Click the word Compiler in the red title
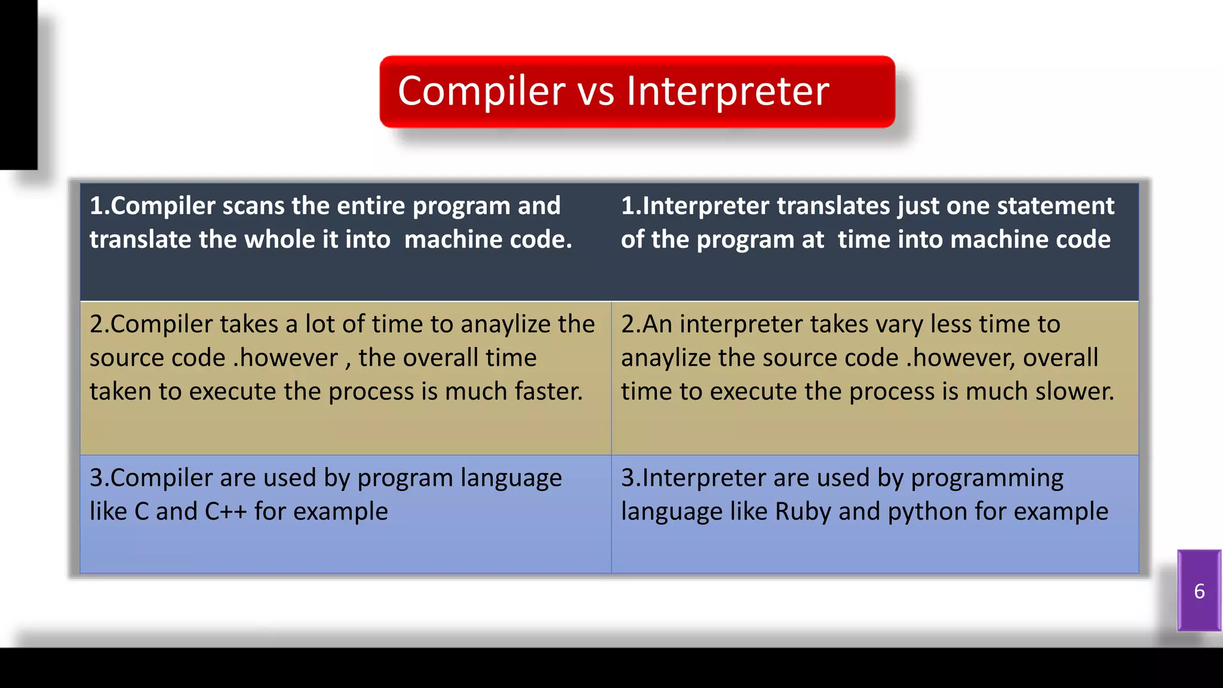(481, 91)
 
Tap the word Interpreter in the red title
(727, 91)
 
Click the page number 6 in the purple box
(1199, 591)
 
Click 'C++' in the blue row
(225, 512)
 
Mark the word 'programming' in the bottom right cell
(987, 478)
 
